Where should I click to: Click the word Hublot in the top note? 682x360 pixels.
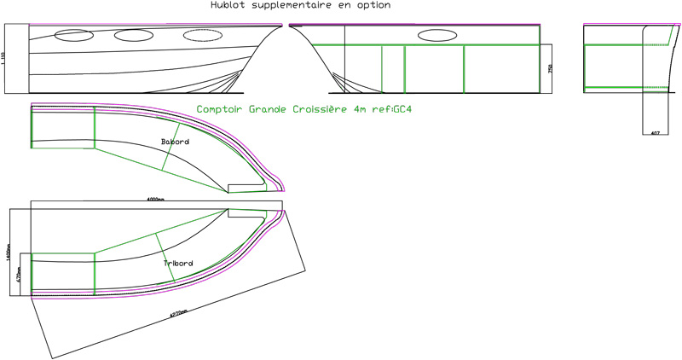225,5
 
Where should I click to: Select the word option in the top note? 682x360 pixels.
373,5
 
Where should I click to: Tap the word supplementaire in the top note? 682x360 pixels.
291,5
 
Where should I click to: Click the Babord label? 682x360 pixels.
175,142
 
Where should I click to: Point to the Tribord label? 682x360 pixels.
178,264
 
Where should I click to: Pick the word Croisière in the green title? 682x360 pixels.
321,109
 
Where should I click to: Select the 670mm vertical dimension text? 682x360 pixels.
20,274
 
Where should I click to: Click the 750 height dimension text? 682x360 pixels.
550,67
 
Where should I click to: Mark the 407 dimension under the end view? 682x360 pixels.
655,133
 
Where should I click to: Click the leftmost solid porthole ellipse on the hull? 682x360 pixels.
73,37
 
